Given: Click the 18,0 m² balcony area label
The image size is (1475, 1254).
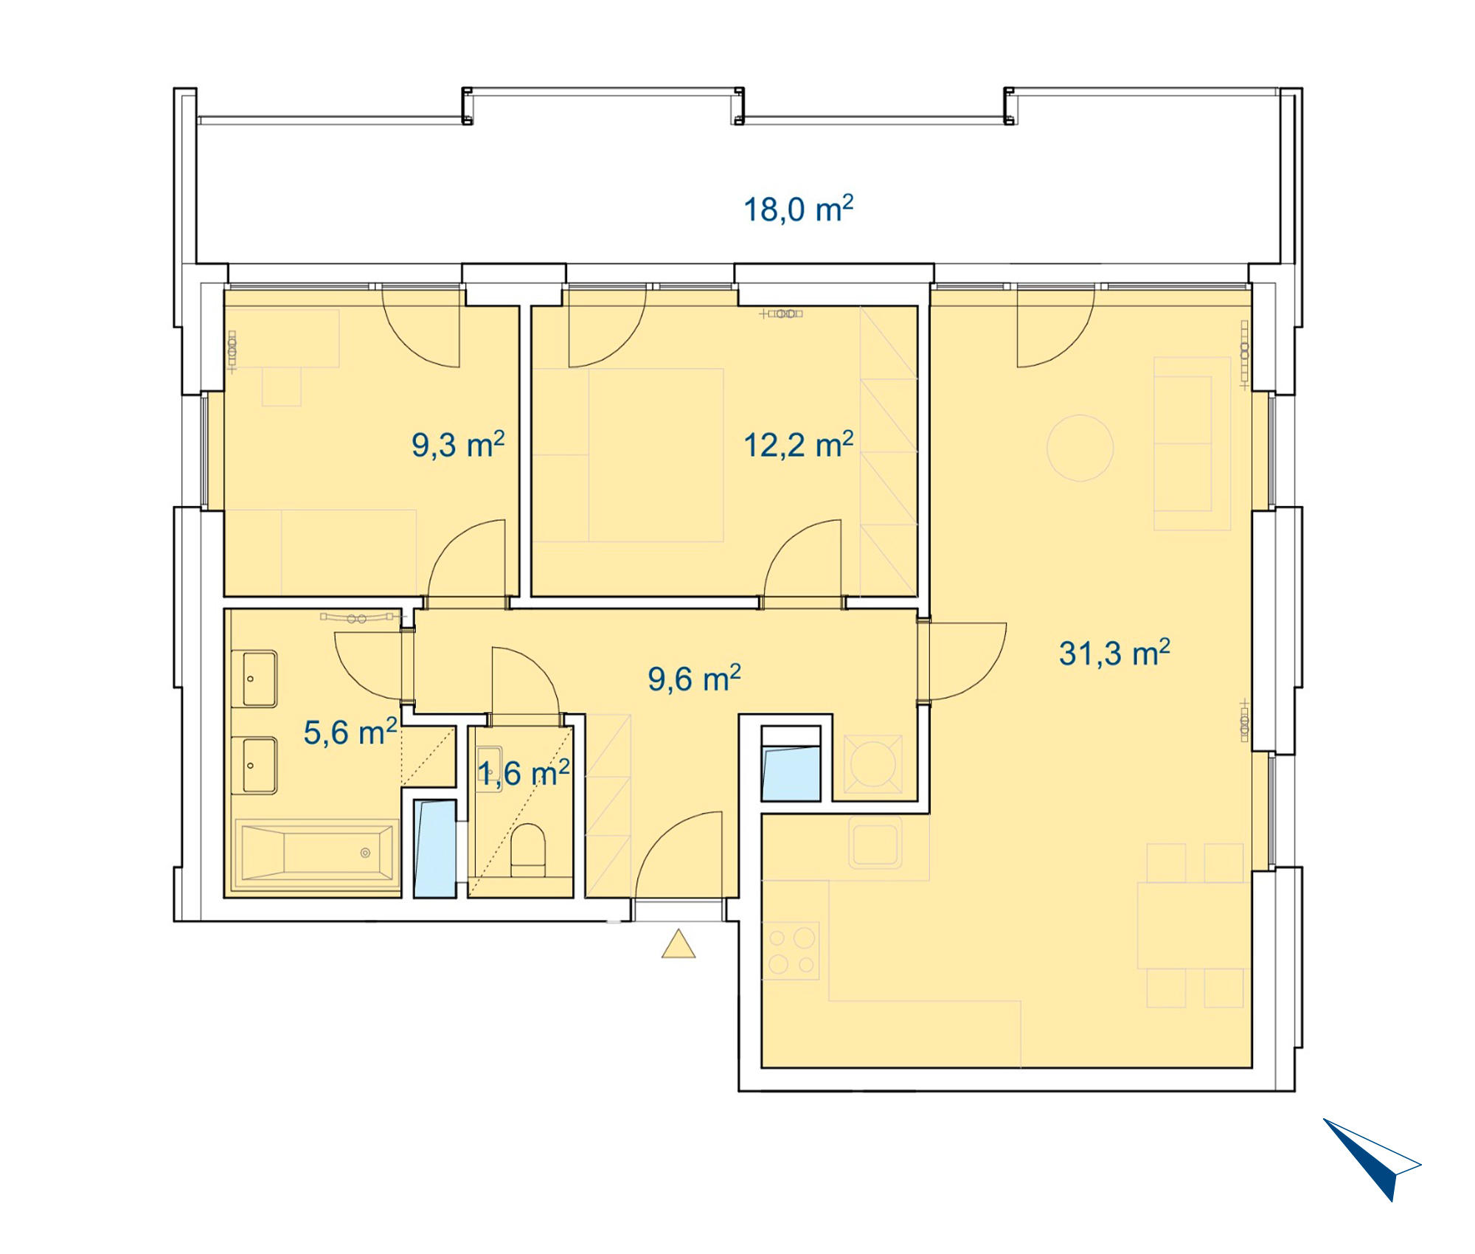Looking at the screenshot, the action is tap(798, 209).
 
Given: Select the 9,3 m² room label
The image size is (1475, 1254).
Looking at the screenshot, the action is tap(458, 445).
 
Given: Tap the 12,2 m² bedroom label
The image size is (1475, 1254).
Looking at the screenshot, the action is tap(798, 445).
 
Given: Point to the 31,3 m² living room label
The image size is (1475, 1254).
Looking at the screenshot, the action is tap(1114, 653).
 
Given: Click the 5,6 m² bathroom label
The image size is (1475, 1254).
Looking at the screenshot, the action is tap(350, 732).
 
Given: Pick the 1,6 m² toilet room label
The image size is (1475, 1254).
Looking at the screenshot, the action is tap(524, 773).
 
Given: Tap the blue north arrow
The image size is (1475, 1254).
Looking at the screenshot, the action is tap(1372, 1159).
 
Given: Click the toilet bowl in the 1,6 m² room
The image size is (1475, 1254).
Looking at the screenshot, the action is tap(528, 849).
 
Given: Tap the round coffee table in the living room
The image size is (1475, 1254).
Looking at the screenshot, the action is tap(1080, 448).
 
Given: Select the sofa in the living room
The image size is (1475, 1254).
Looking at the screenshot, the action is tap(1192, 443).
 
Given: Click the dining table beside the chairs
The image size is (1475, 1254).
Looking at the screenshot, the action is tap(1194, 926).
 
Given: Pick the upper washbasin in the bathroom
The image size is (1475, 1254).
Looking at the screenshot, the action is tap(254, 679).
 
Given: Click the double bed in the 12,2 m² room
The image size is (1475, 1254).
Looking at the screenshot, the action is tap(628, 455).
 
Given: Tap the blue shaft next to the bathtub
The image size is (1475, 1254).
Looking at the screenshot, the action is tap(434, 848).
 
